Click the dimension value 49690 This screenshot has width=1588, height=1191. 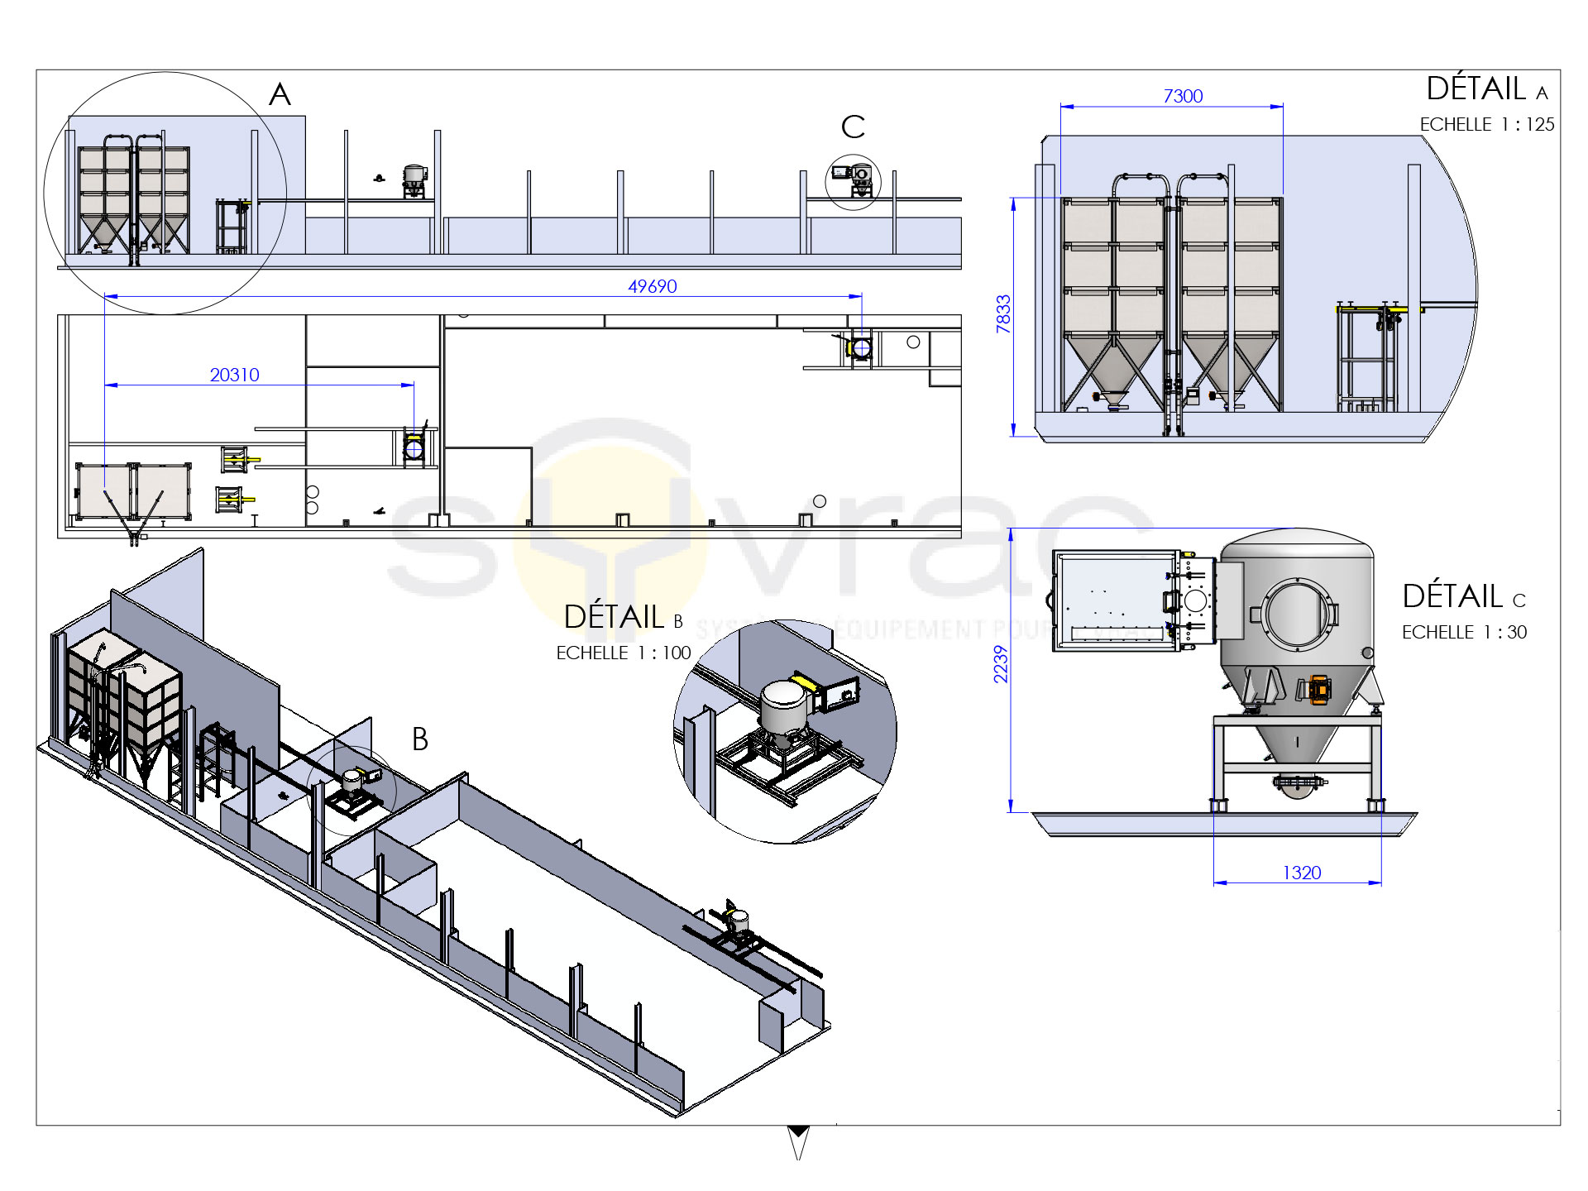tap(652, 286)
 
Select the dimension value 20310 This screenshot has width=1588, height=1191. tap(234, 375)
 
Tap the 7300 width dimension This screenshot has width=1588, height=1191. tap(1183, 96)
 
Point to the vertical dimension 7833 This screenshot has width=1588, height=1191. tap(1003, 314)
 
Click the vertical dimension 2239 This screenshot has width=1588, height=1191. tap(1001, 664)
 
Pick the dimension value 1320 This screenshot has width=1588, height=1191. tap(1301, 873)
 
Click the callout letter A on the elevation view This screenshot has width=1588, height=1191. tap(280, 95)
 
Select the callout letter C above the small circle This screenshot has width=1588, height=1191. tap(853, 127)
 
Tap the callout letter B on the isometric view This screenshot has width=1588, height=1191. tap(420, 739)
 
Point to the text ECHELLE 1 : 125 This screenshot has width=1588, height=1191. tap(1486, 125)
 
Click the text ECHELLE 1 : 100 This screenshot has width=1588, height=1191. tap(623, 653)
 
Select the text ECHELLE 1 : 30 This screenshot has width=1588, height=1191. tap(1464, 633)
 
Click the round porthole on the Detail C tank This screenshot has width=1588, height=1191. tap(1295, 614)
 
